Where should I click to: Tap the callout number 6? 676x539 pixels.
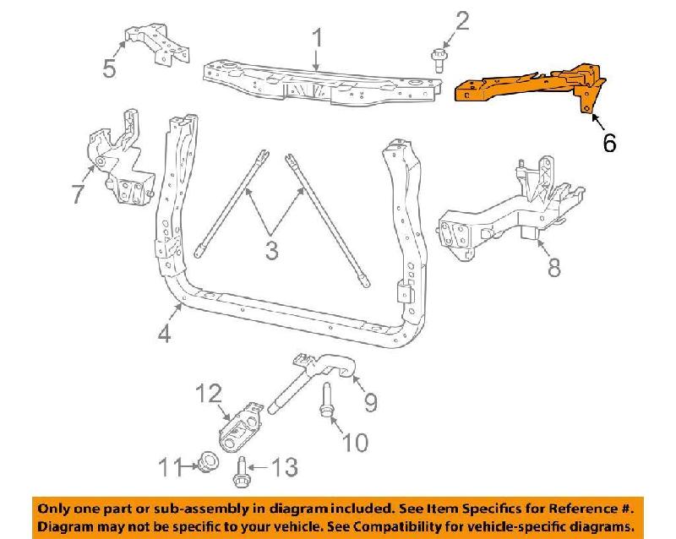[608, 143]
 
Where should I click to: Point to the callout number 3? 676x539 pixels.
[270, 251]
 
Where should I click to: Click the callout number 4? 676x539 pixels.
[164, 334]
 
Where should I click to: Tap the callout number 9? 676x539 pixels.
[369, 403]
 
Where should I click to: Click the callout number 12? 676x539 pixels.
[210, 393]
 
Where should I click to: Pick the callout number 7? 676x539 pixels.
[76, 194]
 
